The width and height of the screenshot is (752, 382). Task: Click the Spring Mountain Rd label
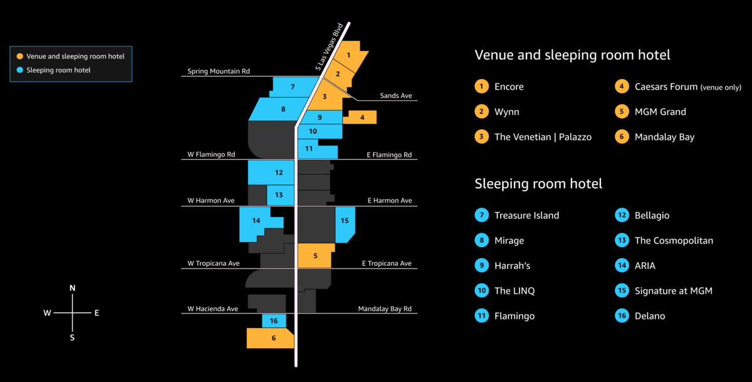pyautogui.click(x=219, y=72)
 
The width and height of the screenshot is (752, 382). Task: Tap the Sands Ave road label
pyautogui.click(x=396, y=96)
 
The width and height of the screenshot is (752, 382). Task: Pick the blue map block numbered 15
pyautogui.click(x=345, y=223)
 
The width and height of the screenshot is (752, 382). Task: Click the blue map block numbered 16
pyautogui.click(x=274, y=321)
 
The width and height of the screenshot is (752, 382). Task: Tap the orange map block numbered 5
pyautogui.click(x=315, y=256)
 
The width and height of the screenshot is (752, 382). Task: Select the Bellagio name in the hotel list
pyautogui.click(x=652, y=216)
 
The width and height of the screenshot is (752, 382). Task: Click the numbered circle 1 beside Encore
pyautogui.click(x=481, y=87)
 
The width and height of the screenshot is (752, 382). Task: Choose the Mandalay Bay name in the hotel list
pyautogui.click(x=664, y=137)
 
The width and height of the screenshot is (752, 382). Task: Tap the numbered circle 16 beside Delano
pyautogui.click(x=622, y=316)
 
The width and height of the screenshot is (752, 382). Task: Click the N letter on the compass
pyautogui.click(x=73, y=288)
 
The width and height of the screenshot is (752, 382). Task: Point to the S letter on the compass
pyautogui.click(x=73, y=337)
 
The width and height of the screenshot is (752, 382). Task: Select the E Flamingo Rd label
pyautogui.click(x=389, y=154)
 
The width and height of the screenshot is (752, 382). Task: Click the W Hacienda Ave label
pyautogui.click(x=213, y=309)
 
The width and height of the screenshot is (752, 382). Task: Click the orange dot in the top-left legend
pyautogui.click(x=20, y=56)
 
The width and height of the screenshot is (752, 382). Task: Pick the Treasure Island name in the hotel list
pyautogui.click(x=526, y=216)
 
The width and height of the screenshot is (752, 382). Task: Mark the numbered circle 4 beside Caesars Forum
pyautogui.click(x=622, y=87)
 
